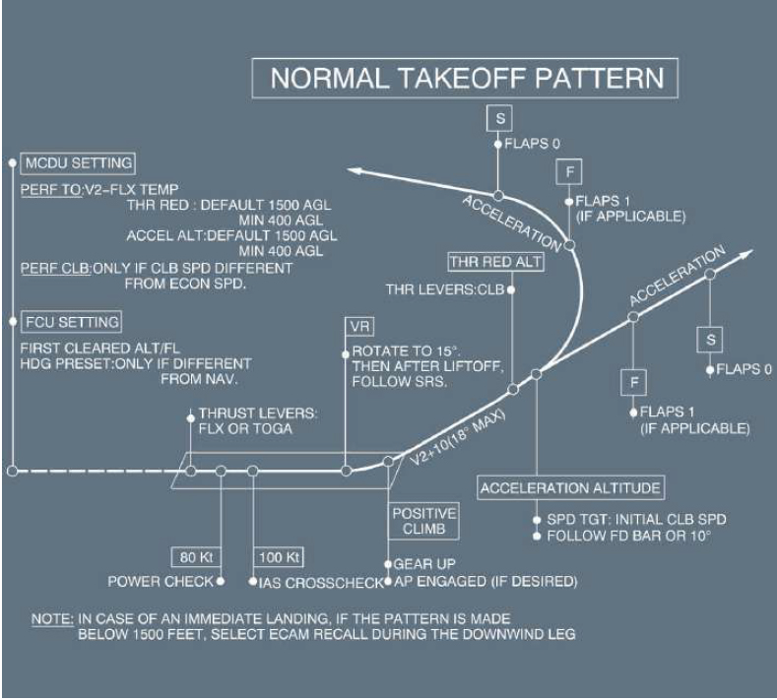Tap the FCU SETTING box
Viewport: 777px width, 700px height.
coord(74,322)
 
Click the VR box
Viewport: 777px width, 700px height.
coord(356,327)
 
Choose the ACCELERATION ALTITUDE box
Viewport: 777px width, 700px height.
coord(571,488)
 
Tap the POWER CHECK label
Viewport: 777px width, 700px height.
coord(161,582)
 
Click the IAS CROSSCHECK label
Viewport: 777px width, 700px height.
coord(321,583)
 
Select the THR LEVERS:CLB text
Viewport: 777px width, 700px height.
coord(445,289)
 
